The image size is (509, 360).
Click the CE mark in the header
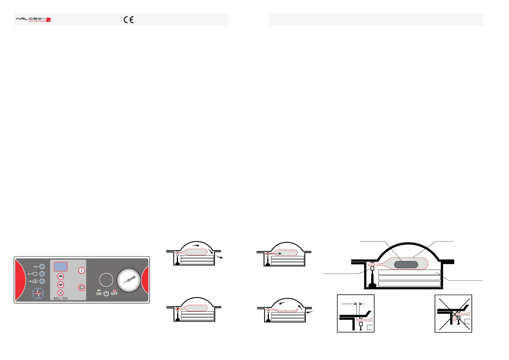128,20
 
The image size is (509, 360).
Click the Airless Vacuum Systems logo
33,20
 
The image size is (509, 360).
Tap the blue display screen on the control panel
60,267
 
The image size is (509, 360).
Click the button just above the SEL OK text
61,293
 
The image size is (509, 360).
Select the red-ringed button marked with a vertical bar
82,270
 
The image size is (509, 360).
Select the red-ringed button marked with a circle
82,287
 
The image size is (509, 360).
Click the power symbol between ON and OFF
106,294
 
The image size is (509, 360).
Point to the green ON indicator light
99,290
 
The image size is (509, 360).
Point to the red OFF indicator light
115,290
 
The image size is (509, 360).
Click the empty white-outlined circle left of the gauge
106,280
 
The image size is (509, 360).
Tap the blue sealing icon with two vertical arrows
38,293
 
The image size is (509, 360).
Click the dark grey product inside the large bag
406,265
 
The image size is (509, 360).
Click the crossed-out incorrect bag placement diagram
453,313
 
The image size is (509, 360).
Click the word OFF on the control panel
114,294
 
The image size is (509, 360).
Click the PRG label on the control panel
36,267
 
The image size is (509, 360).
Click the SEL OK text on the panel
60,298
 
